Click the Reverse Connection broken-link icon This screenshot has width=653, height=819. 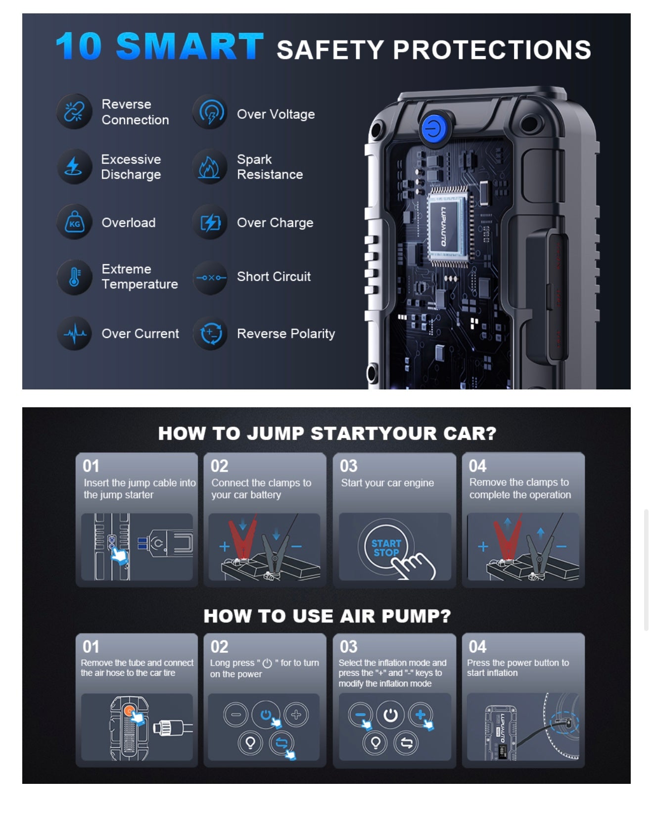[x=74, y=112]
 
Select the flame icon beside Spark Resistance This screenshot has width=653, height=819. [x=210, y=167]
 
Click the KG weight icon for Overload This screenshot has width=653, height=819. [x=74, y=223]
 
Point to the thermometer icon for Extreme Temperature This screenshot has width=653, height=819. [x=74, y=277]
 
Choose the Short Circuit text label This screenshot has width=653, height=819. [x=274, y=277]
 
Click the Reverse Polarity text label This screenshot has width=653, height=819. [x=285, y=334]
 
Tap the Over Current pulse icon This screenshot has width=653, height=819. [x=74, y=334]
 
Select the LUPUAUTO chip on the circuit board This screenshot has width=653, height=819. [x=447, y=227]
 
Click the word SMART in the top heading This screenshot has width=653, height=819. [x=190, y=47]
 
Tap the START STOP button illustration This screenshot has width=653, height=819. [x=386, y=548]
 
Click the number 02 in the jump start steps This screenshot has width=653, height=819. [x=220, y=466]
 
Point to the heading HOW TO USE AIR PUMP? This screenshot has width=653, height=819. [x=327, y=616]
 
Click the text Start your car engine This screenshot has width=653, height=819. [x=387, y=483]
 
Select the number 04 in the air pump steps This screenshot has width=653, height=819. [x=477, y=647]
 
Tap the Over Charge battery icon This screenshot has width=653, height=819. [x=210, y=223]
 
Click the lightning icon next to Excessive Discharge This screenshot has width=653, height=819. [x=74, y=167]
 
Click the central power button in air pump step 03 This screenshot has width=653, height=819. [x=390, y=715]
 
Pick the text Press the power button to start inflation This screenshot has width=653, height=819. [x=517, y=668]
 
